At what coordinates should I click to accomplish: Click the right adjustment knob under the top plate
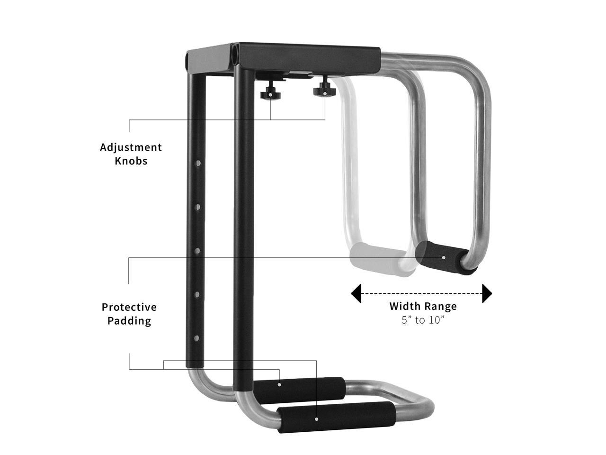324,89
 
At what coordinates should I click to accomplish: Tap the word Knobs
131,161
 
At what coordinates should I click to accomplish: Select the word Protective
129,307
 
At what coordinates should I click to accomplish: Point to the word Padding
129,321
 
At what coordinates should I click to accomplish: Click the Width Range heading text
423,306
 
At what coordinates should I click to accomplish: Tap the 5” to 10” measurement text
423,320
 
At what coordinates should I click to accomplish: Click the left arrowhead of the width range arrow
356,293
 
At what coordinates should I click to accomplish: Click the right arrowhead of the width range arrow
487,293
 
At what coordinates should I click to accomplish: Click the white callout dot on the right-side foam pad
444,257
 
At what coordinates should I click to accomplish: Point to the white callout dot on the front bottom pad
316,419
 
